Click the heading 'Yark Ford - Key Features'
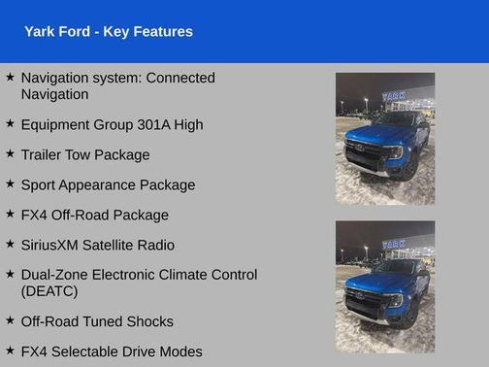click(x=109, y=32)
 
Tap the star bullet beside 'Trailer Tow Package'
click(x=10, y=153)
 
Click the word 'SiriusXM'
click(x=52, y=245)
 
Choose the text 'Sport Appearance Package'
click(x=108, y=184)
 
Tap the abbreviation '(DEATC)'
click(x=48, y=291)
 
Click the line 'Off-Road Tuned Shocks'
click(x=97, y=321)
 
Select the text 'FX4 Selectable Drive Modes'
click(x=112, y=351)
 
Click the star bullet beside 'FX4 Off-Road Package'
click(x=10, y=214)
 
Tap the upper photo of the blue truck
click(x=385, y=139)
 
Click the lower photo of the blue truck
click(x=385, y=286)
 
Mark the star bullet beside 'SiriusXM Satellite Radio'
click(x=10, y=244)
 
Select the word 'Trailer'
click(x=45, y=154)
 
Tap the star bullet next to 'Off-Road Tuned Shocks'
click(x=10, y=319)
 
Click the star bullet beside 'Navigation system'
click(x=10, y=76)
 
